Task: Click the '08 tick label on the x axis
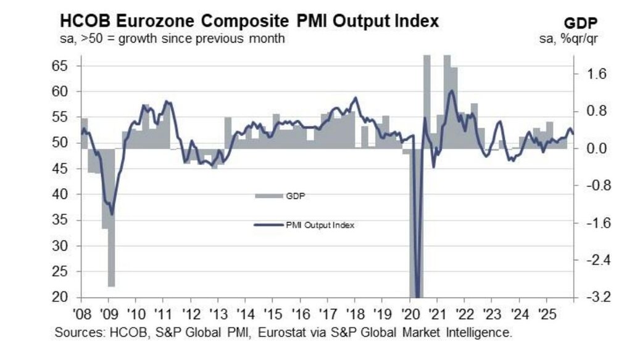83,313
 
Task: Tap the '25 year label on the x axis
546,313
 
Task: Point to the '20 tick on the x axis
410,313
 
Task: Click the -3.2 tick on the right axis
593,298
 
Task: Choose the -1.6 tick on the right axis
593,223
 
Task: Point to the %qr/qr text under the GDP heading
585,39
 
